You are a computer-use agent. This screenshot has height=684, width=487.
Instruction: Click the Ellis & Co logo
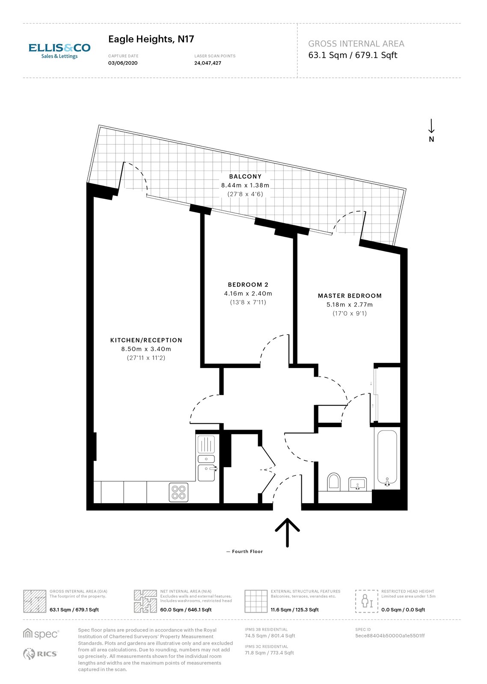pos(59,51)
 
